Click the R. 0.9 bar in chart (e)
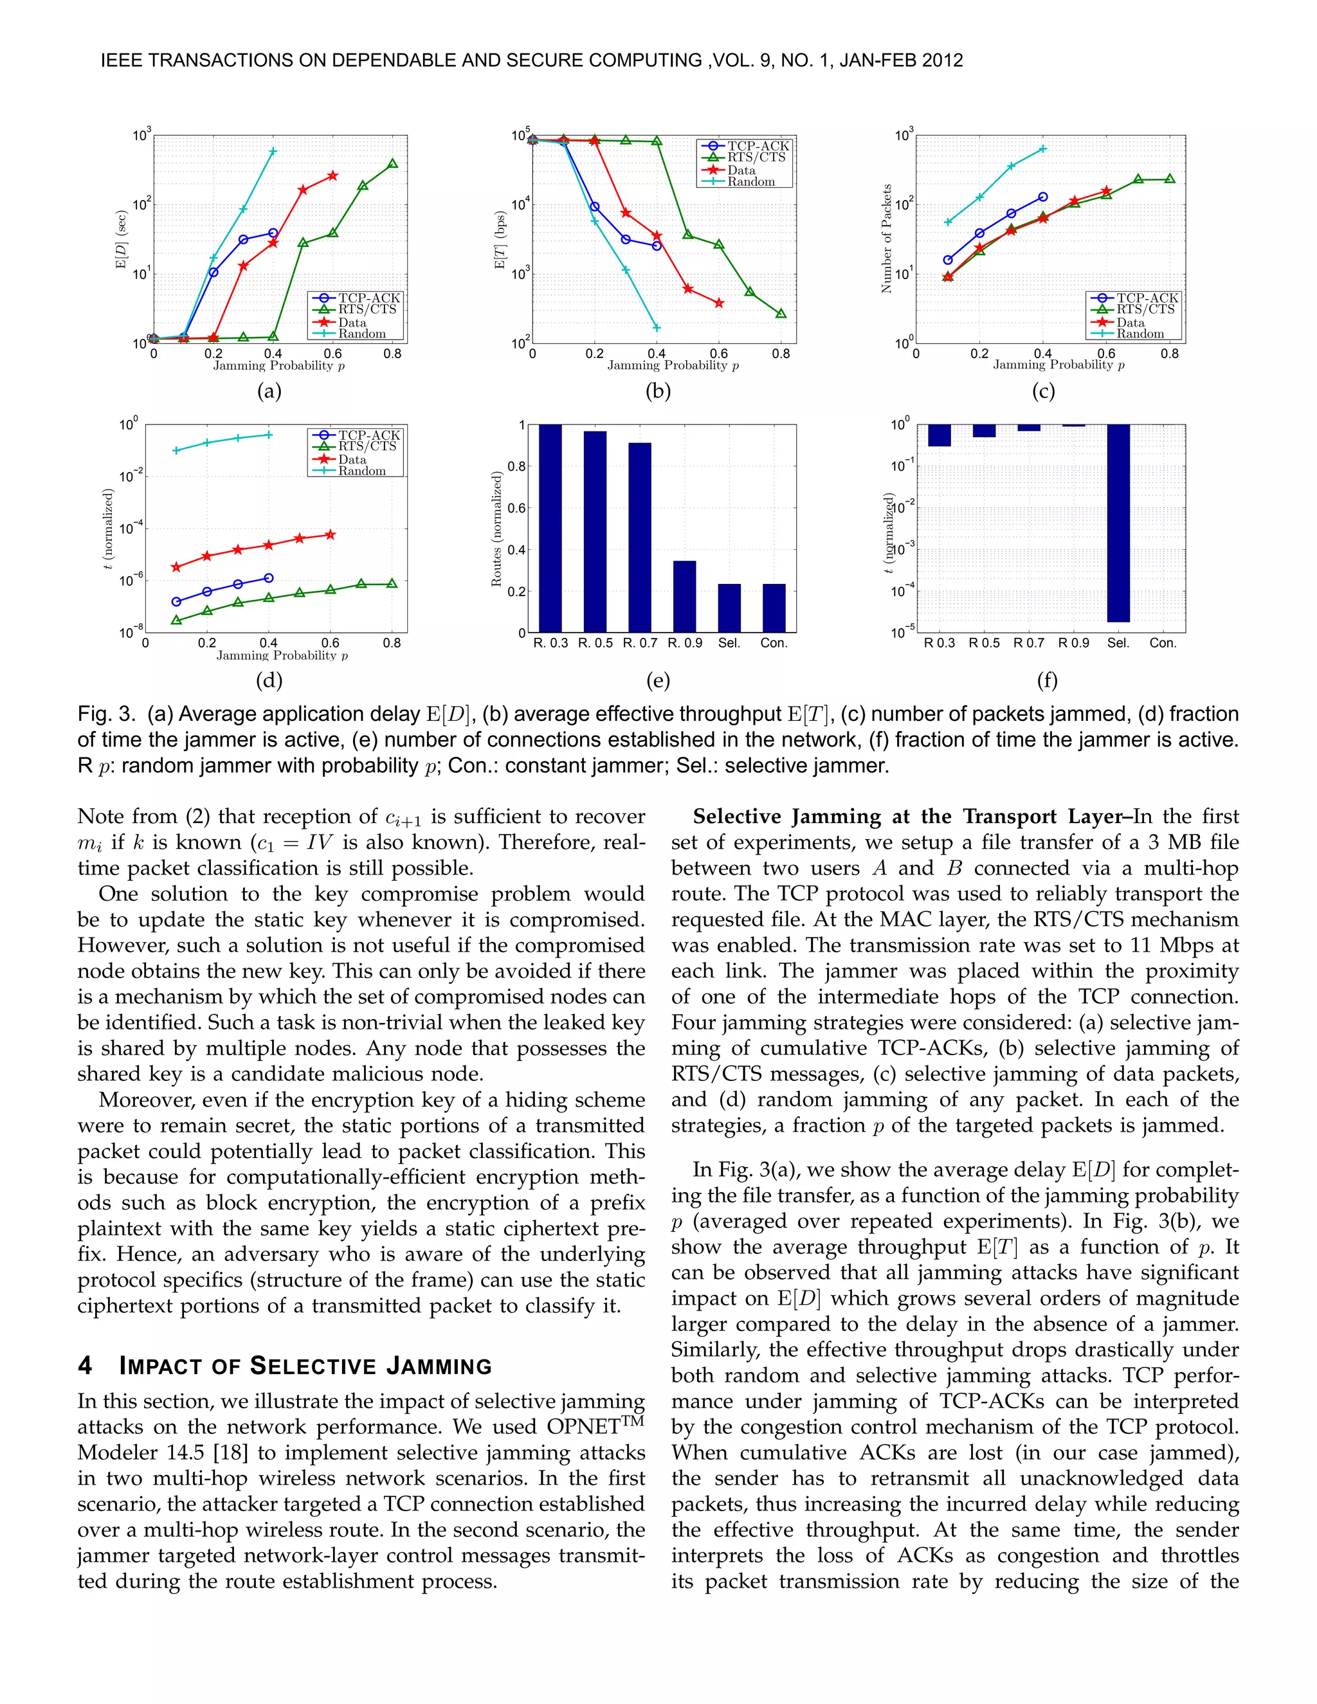coord(684,596)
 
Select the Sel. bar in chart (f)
coord(1118,523)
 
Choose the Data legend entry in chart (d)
coord(352,460)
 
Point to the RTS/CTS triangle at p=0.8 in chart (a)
coord(392,164)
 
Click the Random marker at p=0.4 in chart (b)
coord(656,328)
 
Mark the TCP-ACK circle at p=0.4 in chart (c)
coord(1043,197)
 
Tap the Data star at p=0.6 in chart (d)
coord(330,534)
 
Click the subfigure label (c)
coord(1043,391)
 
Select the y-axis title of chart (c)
coord(886,239)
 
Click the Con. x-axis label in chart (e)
coord(774,643)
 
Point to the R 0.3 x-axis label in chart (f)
coord(940,643)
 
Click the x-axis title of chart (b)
coord(673,365)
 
